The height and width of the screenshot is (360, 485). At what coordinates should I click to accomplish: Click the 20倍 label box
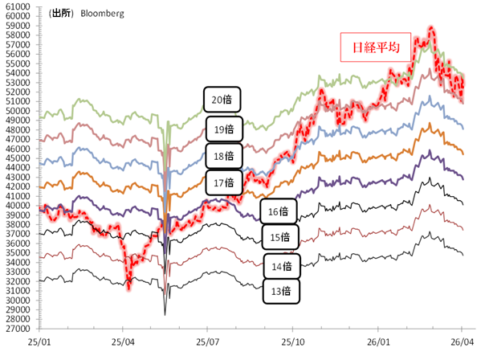[x=222, y=100]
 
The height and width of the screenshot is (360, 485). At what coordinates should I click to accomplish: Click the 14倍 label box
[x=281, y=264]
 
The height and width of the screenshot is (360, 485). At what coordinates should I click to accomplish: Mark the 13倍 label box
[x=281, y=292]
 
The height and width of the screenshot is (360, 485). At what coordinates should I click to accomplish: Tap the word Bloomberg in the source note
[x=100, y=14]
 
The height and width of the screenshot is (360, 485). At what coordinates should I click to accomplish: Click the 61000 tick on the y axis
[x=17, y=6]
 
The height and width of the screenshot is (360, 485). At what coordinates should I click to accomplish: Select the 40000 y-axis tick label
[x=17, y=206]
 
